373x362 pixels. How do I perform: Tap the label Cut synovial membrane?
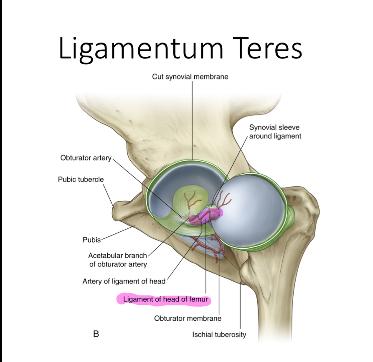[x=190, y=77]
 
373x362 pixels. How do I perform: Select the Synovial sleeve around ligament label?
[x=275, y=132]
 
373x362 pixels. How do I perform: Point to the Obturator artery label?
[x=86, y=158]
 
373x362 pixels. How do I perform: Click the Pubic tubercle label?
[x=81, y=179]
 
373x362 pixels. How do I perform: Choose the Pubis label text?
[x=91, y=240]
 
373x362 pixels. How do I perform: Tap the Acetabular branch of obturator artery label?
[x=118, y=260]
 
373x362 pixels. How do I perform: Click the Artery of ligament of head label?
[x=124, y=281]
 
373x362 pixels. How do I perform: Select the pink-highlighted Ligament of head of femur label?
[x=165, y=299]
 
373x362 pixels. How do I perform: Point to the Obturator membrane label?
[x=188, y=318]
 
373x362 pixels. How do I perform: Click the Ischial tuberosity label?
[x=219, y=334]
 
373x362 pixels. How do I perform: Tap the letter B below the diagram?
[x=96, y=333]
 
